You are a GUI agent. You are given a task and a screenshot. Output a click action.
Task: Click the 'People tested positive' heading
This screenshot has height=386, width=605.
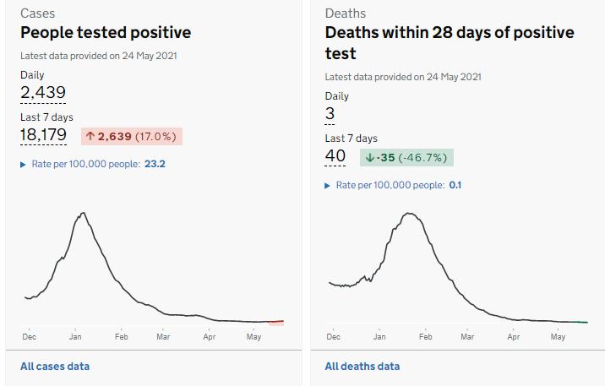coord(106,33)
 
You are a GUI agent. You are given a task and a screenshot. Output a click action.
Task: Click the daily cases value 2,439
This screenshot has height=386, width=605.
coord(43,92)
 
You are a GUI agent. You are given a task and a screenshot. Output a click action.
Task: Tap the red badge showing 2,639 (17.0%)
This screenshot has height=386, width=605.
coord(131,136)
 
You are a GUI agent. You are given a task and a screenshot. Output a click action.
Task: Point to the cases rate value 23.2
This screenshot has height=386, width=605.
coord(155,164)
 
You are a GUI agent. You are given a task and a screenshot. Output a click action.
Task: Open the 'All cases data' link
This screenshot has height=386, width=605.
coord(55,367)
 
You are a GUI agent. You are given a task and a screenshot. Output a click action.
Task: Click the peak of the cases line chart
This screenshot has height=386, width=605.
coord(82,213)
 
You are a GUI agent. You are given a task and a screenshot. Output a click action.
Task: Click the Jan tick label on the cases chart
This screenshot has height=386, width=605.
coord(75,337)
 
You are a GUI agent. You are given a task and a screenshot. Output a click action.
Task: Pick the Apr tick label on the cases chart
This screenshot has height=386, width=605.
coord(210,337)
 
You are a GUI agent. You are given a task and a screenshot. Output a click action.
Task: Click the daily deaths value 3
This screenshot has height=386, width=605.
coord(330,113)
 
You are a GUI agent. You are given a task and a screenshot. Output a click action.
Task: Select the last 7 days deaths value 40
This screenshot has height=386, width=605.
coord(335,156)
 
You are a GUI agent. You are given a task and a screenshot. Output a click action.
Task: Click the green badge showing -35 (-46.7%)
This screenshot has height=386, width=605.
coord(406,157)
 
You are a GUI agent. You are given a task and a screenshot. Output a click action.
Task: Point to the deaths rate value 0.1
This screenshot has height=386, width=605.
coord(455,185)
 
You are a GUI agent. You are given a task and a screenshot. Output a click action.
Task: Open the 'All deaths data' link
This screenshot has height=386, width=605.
coord(362,367)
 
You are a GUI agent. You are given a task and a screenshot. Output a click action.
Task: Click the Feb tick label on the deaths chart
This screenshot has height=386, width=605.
coord(425,337)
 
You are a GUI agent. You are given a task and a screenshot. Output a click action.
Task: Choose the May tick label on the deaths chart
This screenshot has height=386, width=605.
coord(558,337)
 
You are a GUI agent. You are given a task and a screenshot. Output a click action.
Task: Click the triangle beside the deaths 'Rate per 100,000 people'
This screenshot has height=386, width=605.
coord(328,185)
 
